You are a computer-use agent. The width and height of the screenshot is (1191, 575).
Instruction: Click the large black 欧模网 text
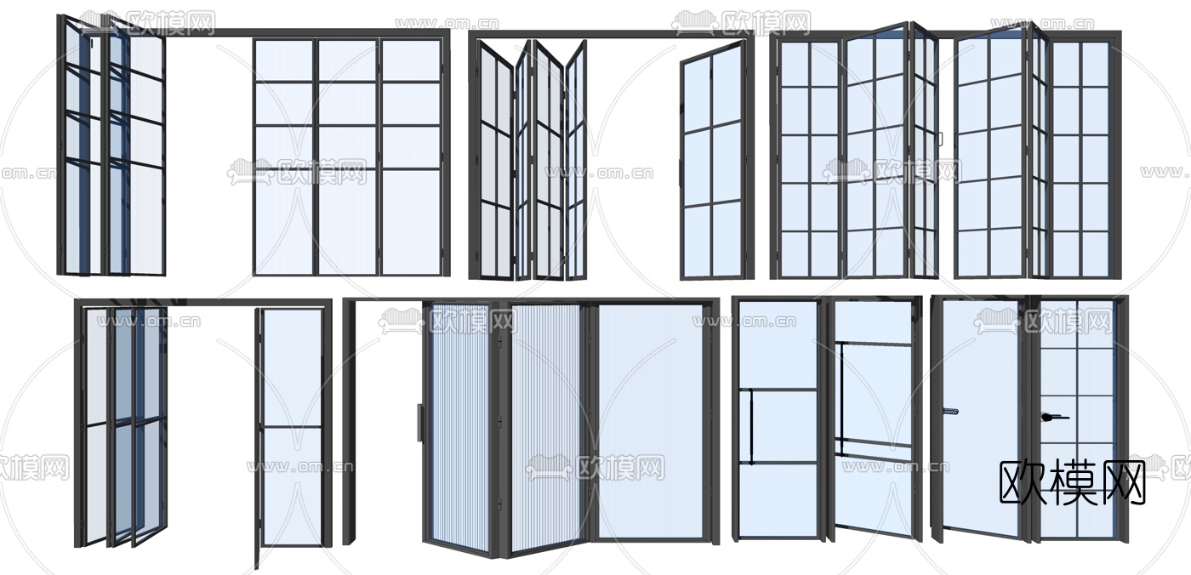pos(1072,483)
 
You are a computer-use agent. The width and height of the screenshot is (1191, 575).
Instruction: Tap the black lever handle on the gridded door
pos(1055,417)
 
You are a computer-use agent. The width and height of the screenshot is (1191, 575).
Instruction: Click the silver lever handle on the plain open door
pos(950,411)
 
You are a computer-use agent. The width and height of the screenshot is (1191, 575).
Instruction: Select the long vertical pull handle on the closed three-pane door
pos(750,426)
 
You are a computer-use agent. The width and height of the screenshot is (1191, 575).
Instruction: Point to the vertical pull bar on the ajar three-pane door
pos(841,400)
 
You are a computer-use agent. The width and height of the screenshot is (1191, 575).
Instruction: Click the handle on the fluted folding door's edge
pos(419,423)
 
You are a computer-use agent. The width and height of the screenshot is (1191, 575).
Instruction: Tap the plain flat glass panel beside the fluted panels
pos(651,420)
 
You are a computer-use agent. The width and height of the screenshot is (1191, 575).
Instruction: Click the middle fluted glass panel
pos(545,428)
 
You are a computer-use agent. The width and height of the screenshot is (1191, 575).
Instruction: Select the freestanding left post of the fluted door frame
pos(349,422)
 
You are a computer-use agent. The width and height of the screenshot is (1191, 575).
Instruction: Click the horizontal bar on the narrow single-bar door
pos(293,427)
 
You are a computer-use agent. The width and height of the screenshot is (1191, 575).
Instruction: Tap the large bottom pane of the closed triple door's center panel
pos(348,222)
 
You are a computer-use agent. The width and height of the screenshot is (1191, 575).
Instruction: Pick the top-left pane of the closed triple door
pos(283,60)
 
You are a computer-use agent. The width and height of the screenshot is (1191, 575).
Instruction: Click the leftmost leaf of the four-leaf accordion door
pos(495,159)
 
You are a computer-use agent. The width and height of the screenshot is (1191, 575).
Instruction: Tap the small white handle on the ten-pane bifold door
pos(940,139)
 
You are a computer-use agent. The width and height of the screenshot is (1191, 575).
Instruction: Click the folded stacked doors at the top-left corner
pos(111,146)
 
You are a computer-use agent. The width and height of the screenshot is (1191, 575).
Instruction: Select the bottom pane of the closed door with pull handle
pos(778,501)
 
